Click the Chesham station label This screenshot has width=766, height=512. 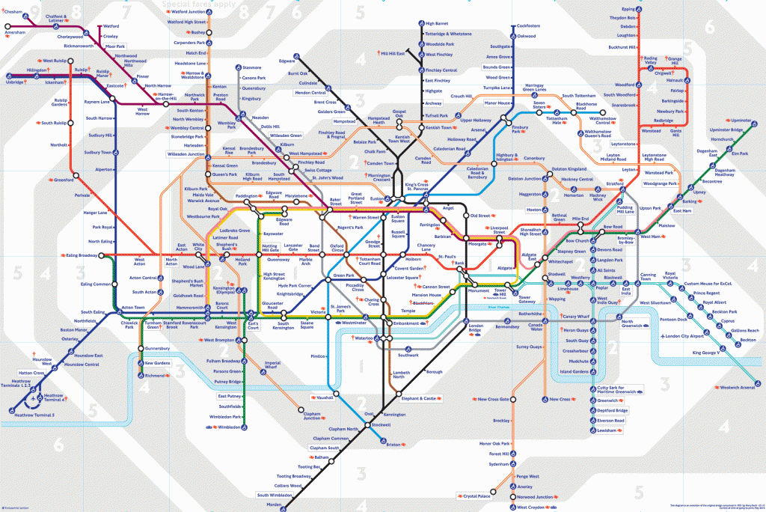tap(13, 11)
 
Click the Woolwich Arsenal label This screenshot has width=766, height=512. tap(736, 387)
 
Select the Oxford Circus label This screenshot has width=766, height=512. tap(337, 249)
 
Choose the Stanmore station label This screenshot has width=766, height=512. tap(252, 68)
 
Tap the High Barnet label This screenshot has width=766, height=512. tap(437, 24)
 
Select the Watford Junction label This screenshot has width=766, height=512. tap(189, 12)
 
